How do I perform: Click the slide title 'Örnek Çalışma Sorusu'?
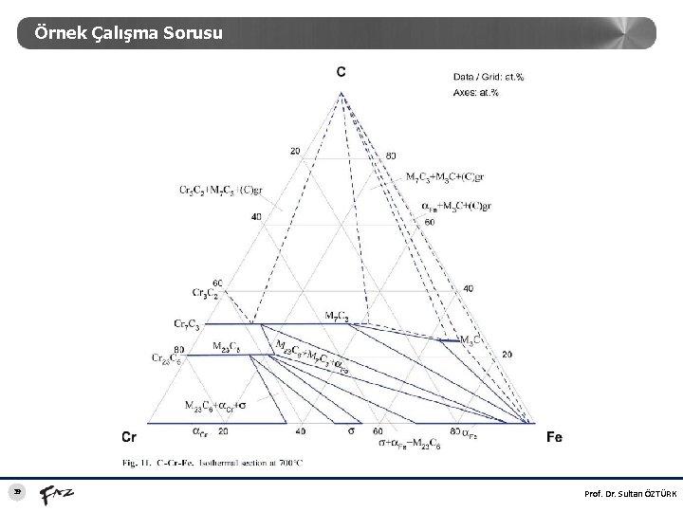[x=128, y=33]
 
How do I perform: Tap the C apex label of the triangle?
[x=341, y=72]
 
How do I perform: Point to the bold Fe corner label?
[x=555, y=437]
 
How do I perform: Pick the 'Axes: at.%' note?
[x=476, y=92]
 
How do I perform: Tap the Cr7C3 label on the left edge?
[x=187, y=324]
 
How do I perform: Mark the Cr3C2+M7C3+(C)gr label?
[x=221, y=190]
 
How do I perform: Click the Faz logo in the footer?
[x=56, y=493]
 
